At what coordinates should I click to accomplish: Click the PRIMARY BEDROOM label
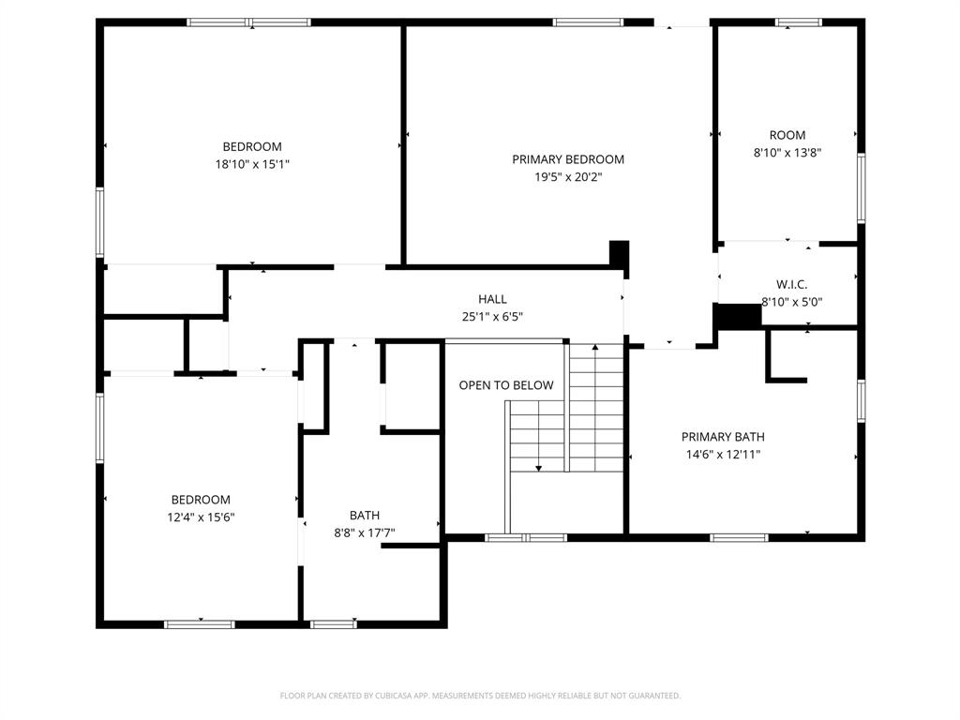(x=567, y=159)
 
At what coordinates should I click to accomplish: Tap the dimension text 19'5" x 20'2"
(x=567, y=176)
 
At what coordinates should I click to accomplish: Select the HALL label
(x=492, y=299)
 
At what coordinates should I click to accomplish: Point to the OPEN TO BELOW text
(x=505, y=385)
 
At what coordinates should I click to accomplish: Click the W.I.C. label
(x=791, y=284)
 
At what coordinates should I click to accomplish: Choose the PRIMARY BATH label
(x=722, y=437)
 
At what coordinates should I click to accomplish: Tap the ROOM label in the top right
(x=787, y=135)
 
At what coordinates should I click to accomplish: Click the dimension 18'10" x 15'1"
(x=251, y=164)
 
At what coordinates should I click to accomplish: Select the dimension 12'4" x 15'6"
(x=200, y=517)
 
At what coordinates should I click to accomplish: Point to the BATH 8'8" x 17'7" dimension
(x=365, y=533)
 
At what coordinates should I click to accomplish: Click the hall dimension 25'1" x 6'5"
(x=492, y=317)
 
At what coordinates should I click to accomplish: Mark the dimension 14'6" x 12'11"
(x=722, y=455)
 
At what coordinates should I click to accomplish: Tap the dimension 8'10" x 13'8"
(x=787, y=152)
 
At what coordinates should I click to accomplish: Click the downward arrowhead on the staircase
(x=539, y=467)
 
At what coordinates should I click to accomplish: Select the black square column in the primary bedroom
(x=619, y=254)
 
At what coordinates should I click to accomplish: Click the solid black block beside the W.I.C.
(x=739, y=317)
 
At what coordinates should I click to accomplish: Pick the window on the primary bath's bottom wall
(x=739, y=537)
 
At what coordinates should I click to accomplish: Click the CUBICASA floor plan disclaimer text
(x=480, y=696)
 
